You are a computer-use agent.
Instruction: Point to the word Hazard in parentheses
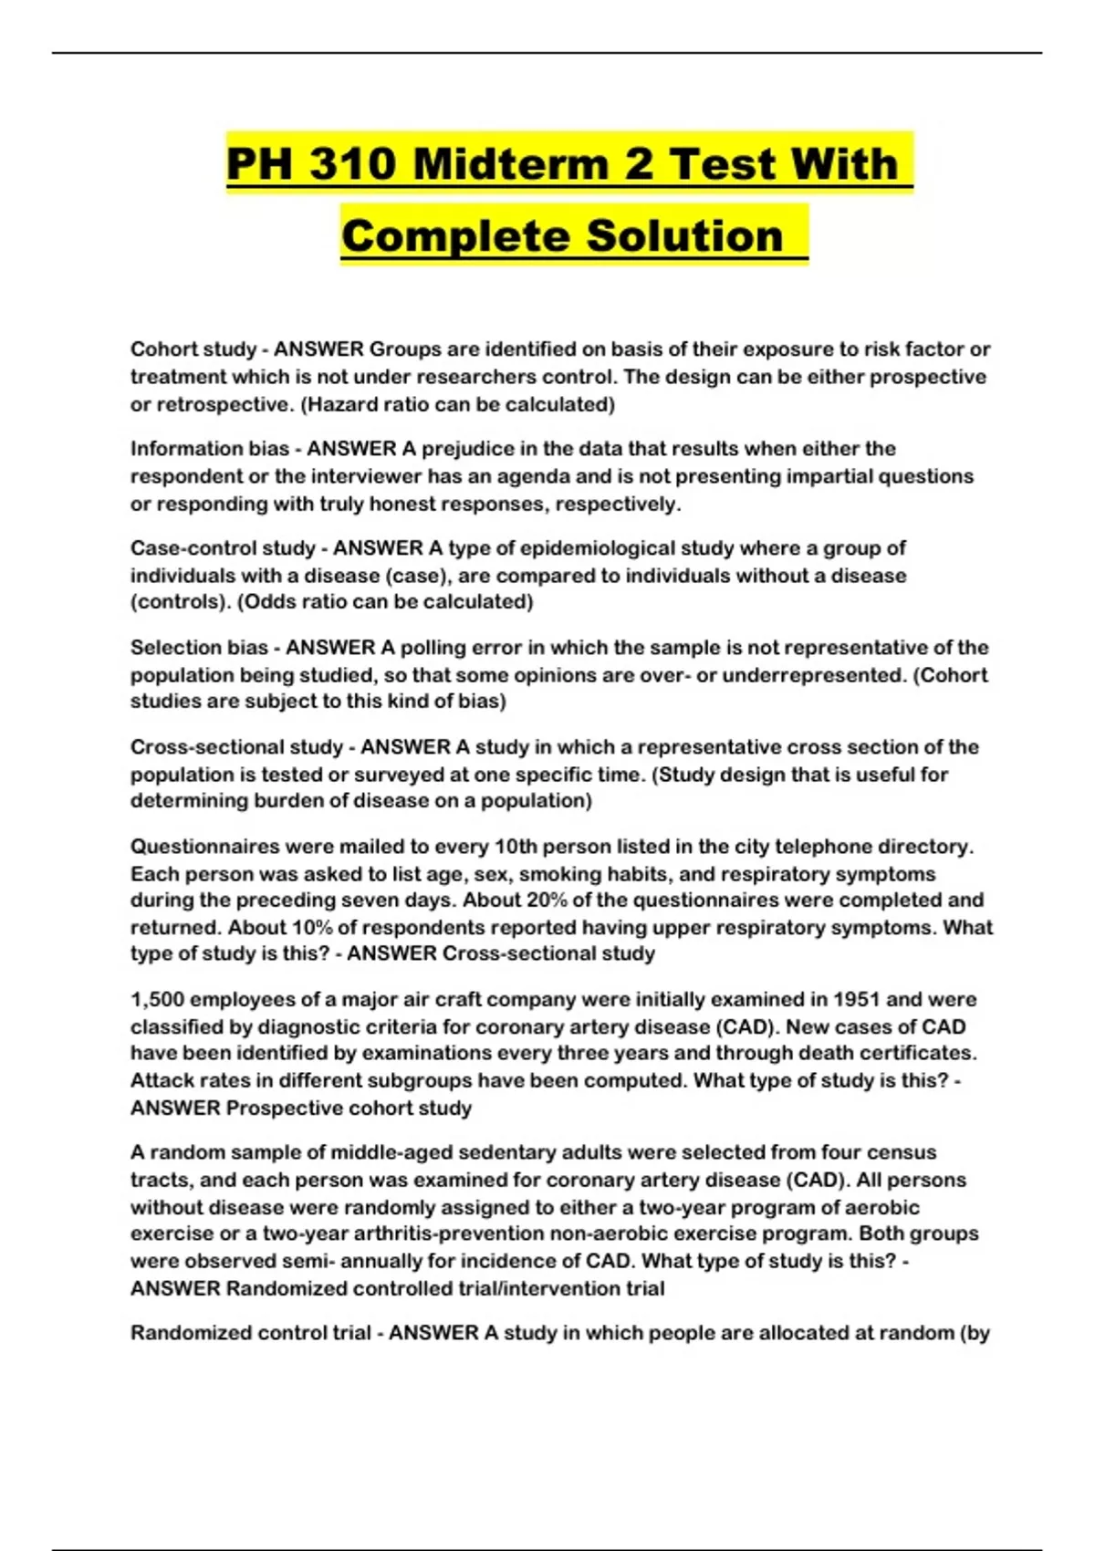tap(340, 404)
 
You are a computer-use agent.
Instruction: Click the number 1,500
tap(157, 1000)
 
